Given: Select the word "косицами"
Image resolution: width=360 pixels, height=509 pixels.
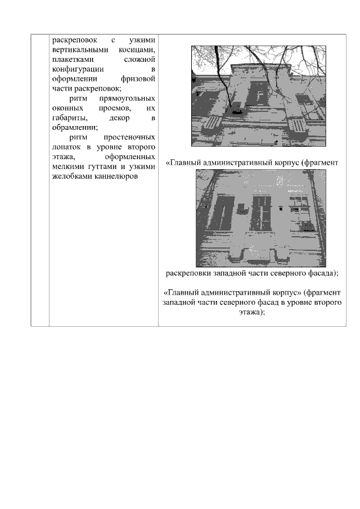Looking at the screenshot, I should [x=136, y=49].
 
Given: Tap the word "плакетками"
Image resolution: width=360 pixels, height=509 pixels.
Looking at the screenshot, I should [x=72, y=59].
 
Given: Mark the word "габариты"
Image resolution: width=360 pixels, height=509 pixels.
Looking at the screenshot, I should [x=69, y=118].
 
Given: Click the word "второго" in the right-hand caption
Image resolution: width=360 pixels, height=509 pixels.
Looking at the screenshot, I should [x=327, y=303].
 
